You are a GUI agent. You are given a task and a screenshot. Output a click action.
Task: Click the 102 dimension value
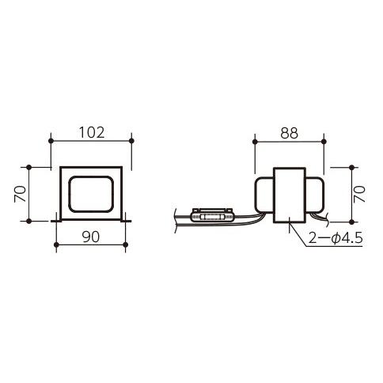92,133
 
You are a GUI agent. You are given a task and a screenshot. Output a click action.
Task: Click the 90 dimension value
91,237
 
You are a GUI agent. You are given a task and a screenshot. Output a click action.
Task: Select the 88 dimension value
290,133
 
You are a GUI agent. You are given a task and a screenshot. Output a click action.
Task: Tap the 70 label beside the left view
21,194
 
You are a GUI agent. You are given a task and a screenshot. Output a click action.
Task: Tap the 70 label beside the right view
359,194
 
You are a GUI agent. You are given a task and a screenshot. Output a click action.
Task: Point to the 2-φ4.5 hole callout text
336,239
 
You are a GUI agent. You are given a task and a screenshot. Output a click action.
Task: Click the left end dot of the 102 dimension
51,141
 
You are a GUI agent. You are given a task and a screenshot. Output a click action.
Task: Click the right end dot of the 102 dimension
131,141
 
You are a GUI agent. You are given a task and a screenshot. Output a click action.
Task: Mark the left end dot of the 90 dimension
56,245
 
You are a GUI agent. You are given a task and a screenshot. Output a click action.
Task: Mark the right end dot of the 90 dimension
126,245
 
